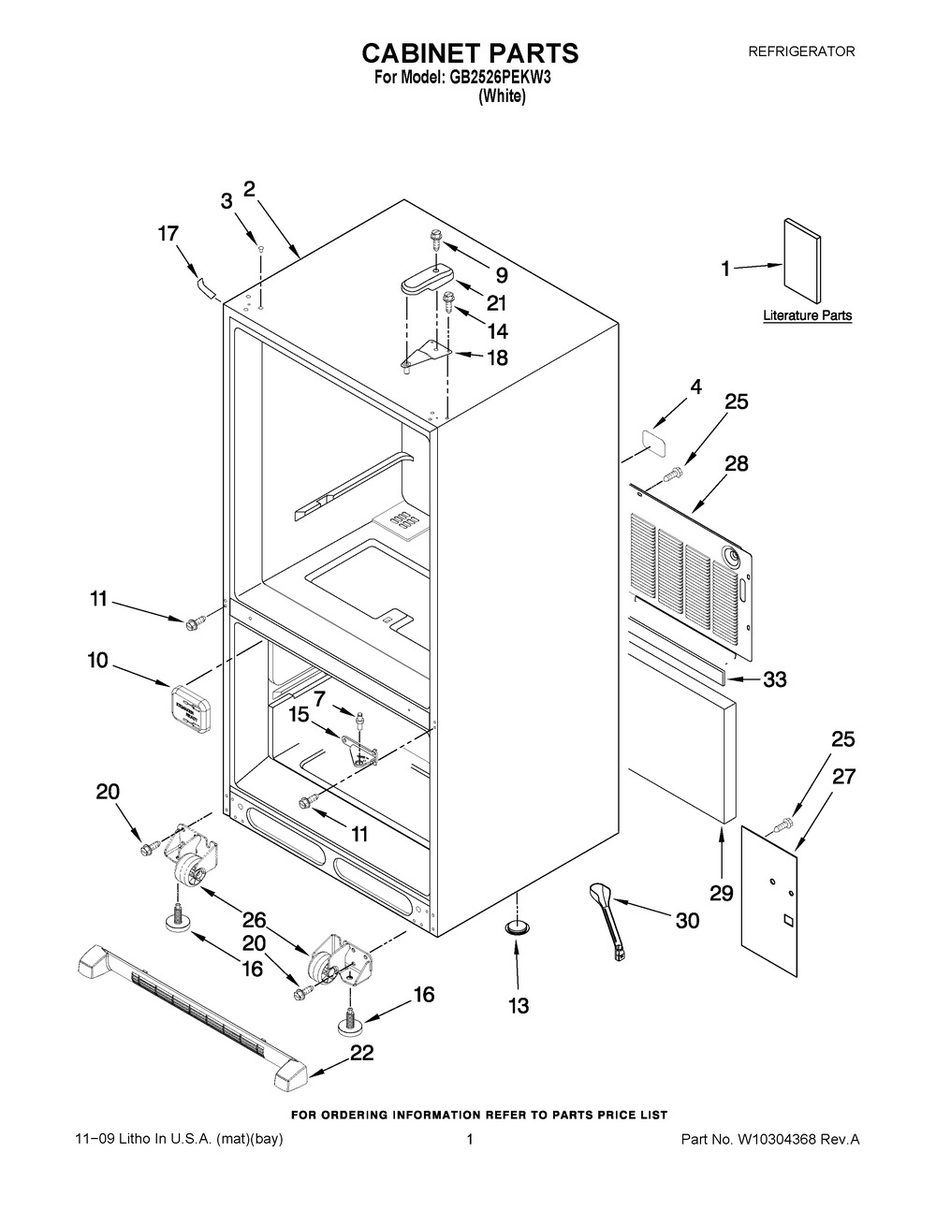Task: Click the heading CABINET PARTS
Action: [x=470, y=53]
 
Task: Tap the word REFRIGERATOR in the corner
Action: [x=801, y=51]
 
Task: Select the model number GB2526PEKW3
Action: [x=495, y=78]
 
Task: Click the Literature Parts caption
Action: [x=807, y=315]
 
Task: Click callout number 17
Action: [x=168, y=234]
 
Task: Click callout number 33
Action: [x=774, y=679]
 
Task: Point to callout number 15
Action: [x=299, y=714]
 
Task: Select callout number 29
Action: [x=722, y=894]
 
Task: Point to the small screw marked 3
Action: [x=260, y=249]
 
